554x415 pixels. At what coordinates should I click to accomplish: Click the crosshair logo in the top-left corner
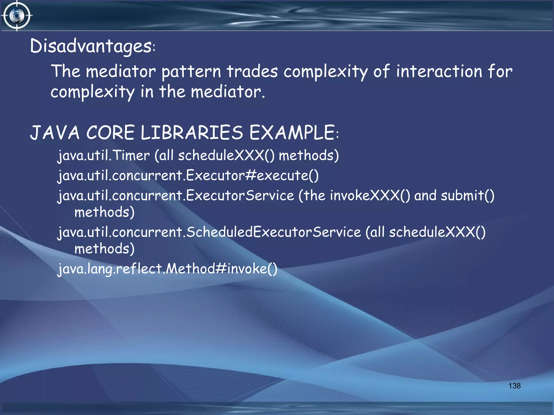coord(17,16)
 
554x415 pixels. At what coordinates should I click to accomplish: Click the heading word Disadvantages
coord(91,46)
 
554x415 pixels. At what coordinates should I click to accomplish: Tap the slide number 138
coord(514,386)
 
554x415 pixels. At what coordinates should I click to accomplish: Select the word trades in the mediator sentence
coord(252,71)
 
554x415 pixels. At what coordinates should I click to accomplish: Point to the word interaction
coord(439,71)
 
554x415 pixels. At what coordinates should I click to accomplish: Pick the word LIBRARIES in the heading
coord(192,133)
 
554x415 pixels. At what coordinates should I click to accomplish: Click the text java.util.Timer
coord(104,156)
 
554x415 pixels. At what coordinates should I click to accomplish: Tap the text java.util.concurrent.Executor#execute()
coord(188,176)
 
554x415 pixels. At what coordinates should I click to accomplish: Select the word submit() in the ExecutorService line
coord(467,195)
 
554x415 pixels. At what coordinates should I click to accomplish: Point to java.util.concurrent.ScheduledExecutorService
coord(209,232)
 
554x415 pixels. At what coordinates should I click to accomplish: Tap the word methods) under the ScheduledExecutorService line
coord(104,249)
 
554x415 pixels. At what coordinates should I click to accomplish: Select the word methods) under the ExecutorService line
coord(104,212)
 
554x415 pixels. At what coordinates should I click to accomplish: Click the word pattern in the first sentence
coord(191,72)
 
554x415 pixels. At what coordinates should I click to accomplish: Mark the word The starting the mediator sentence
coord(66,71)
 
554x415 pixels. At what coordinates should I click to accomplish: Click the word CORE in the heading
coord(110,133)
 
